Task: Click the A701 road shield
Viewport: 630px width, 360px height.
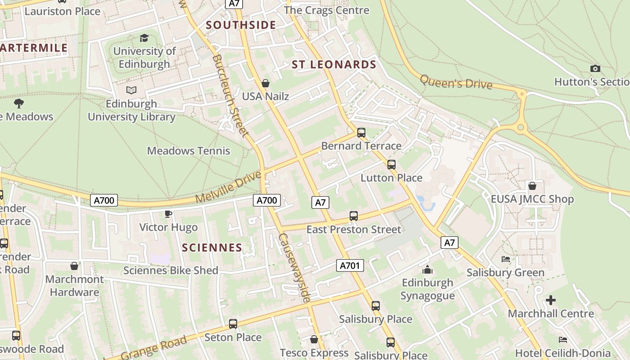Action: [350, 265]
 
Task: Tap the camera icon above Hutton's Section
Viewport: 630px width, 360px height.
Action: [595, 69]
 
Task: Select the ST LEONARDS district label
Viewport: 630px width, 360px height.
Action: [334, 65]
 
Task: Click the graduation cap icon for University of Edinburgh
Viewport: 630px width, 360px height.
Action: [144, 38]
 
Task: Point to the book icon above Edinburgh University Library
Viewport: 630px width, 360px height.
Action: [131, 90]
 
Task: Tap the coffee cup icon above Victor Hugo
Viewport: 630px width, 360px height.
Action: [168, 214]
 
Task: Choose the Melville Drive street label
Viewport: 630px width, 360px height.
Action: [229, 187]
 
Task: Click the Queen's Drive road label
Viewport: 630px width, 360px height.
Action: [456, 81]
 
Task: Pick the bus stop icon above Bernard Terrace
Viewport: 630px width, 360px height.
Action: [361, 133]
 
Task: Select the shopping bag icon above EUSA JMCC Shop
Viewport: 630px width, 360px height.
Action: [532, 186]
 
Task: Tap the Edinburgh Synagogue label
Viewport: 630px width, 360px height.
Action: [427, 289]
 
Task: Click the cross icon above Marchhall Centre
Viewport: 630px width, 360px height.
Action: [551, 300]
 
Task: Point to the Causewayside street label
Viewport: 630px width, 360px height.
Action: [294, 268]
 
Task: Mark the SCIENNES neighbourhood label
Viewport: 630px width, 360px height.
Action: [212, 247]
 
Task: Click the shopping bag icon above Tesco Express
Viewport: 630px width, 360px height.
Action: [314, 339]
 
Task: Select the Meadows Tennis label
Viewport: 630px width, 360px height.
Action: [189, 151]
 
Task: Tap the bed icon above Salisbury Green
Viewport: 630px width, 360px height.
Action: [505, 259]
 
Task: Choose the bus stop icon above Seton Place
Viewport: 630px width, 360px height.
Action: [233, 324]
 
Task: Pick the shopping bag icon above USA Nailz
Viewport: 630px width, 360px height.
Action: [265, 83]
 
